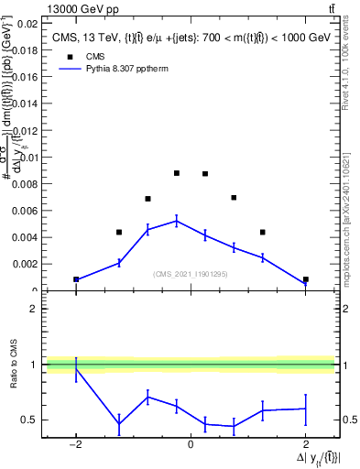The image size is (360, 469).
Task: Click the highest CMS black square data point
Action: coord(177,173)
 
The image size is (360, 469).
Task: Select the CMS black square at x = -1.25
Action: coord(119,232)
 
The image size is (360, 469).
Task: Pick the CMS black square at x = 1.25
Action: coord(263,232)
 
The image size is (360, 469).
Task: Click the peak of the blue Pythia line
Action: coord(177,220)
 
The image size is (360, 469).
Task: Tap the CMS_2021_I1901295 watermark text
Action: coord(191,274)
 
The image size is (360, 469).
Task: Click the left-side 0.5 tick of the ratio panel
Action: coord(29,420)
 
